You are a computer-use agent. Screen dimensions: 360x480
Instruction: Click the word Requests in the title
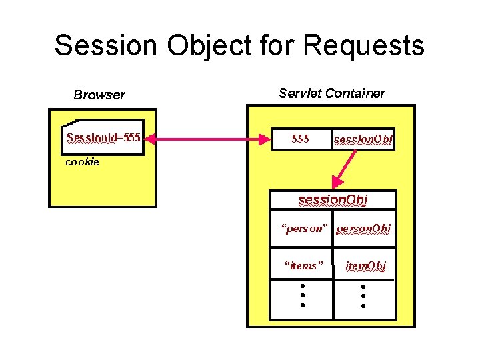pyautogui.click(x=363, y=46)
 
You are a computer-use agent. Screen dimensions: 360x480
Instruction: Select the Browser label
pyautogui.click(x=99, y=95)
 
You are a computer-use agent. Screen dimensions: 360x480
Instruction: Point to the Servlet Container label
pyautogui.click(x=331, y=93)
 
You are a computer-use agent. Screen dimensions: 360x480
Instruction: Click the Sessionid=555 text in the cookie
pyautogui.click(x=103, y=138)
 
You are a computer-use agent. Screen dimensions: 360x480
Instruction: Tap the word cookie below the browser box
pyautogui.click(x=82, y=162)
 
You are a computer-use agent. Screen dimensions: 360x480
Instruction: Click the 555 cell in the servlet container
pyautogui.click(x=301, y=139)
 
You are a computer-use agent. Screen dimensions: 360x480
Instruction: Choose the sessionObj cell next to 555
pyautogui.click(x=363, y=139)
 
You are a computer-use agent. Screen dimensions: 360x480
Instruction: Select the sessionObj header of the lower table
pyautogui.click(x=333, y=199)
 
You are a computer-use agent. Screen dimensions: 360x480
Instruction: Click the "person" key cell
pyautogui.click(x=304, y=229)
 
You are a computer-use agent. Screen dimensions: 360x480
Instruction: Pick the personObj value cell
pyautogui.click(x=363, y=229)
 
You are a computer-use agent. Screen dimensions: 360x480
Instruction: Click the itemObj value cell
pyautogui.click(x=365, y=266)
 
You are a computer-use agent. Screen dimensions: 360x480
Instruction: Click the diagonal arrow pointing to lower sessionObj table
pyautogui.click(x=345, y=168)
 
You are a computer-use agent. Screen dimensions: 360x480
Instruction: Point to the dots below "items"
pyautogui.click(x=302, y=295)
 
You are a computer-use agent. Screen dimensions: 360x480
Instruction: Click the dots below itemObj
pyautogui.click(x=363, y=295)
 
